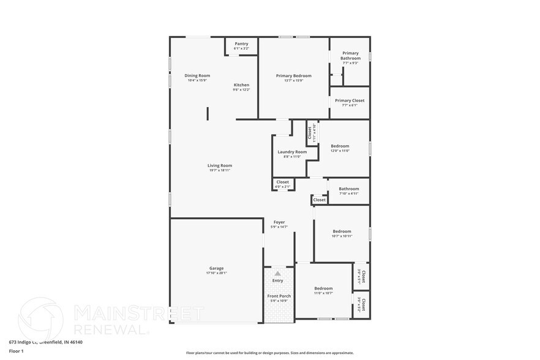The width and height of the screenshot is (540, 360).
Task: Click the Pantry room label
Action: coord(241,44)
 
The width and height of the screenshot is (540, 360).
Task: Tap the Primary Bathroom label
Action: coord(351,56)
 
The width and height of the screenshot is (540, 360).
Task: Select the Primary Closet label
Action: coord(350,100)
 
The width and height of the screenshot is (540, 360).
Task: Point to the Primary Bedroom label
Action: coord(293,76)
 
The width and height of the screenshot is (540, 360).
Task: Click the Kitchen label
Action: coord(241,85)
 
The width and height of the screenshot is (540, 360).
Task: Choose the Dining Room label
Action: coord(197,76)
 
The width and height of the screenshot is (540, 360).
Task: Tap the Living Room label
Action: coord(219,165)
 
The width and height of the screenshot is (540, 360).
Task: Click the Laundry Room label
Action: coord(292,152)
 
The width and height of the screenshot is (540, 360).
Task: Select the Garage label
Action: coord(216,268)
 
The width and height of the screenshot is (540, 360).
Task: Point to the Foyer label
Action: coord(279,222)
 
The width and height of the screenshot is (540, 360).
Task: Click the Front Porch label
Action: coord(279,296)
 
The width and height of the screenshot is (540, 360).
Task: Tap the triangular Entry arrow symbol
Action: coord(278,273)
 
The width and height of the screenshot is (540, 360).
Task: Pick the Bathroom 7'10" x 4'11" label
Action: coord(349,189)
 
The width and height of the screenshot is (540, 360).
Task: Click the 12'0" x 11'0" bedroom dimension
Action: coord(340,151)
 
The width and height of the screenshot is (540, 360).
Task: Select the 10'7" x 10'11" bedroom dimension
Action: coord(342,236)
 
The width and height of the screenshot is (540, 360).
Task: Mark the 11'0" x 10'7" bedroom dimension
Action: coord(323,293)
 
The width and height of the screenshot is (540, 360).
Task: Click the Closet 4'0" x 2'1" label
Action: coord(282,182)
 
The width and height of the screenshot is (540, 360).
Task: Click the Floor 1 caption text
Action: coord(17,351)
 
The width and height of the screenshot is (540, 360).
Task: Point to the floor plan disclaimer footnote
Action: coord(270,353)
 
